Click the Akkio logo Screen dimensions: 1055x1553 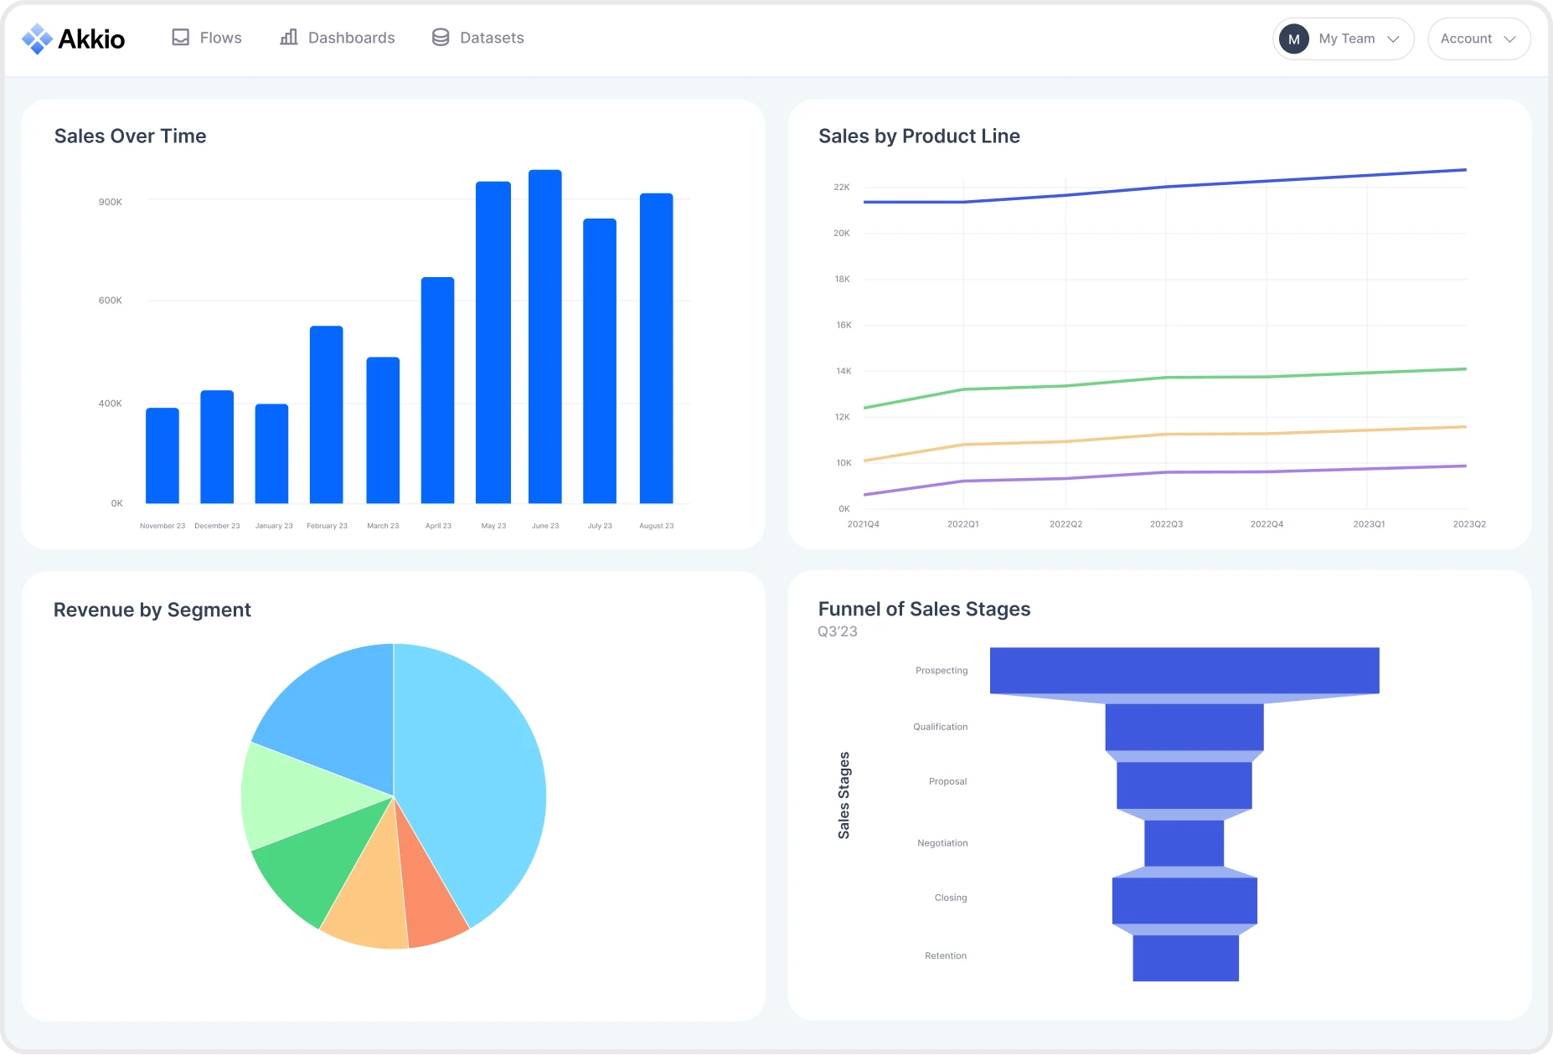click(73, 39)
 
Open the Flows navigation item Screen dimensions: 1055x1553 click(207, 38)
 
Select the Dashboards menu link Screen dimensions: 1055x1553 click(337, 38)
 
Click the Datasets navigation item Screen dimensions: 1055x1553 click(477, 38)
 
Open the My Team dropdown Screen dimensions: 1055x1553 click(1343, 39)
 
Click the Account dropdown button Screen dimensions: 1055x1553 click(1478, 39)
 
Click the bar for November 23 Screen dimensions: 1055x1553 click(163, 455)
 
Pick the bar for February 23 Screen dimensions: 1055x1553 click(326, 414)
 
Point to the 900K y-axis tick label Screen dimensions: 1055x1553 click(111, 202)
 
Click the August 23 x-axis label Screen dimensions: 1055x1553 click(656, 526)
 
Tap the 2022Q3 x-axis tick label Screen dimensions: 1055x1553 click(1166, 524)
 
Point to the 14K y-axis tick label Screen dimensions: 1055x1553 click(843, 371)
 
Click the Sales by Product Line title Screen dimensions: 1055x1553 click(919, 136)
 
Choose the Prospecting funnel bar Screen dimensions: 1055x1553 click(1184, 670)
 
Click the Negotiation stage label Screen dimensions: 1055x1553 click(942, 843)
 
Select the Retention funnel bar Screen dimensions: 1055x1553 click(1185, 958)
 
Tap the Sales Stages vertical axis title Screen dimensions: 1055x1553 click(844, 795)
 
